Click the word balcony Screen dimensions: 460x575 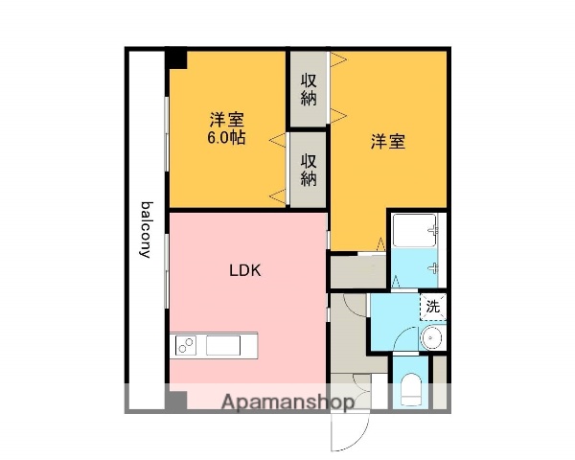147,230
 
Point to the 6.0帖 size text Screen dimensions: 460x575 227,138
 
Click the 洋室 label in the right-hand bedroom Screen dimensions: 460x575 388,143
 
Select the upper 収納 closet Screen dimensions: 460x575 309,88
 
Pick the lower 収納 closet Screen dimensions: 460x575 309,170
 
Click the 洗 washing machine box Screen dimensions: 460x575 433,309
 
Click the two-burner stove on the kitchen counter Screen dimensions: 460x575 185,344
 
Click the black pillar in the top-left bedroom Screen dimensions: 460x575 177,59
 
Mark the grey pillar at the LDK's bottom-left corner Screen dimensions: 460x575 176,401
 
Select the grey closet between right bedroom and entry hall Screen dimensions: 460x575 356,270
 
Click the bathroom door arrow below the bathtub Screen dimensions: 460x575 397,280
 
